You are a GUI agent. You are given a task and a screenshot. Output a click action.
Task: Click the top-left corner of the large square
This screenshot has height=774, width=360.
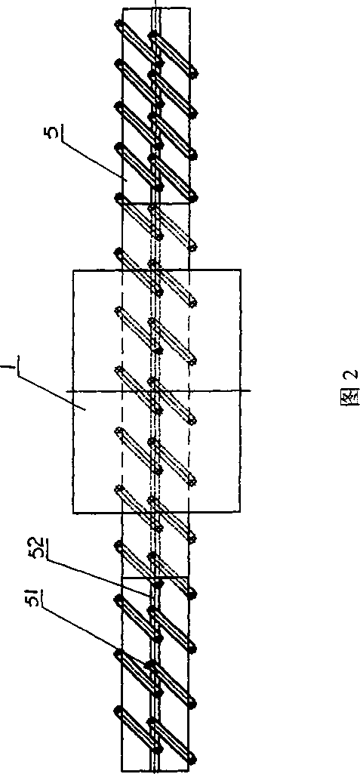[73, 270]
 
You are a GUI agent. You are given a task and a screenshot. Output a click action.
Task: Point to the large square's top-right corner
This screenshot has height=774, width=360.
[241, 270]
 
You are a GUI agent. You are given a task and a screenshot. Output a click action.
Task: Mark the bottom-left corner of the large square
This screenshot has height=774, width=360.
[73, 513]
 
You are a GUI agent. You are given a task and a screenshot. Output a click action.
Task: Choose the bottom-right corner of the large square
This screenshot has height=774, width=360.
[241, 513]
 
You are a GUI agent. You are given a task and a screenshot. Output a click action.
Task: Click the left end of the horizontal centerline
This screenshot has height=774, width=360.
[68, 391]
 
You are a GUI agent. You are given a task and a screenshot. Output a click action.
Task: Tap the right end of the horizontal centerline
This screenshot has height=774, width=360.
[251, 391]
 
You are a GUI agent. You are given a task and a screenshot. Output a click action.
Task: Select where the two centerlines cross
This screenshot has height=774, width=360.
[155, 391]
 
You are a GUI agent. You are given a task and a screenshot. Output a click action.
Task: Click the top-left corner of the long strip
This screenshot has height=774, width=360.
[122, 8]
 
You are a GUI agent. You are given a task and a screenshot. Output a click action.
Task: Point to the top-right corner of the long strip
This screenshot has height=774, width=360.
[190, 8]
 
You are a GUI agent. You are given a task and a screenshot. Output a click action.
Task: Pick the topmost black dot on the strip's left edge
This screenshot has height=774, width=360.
[118, 23]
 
